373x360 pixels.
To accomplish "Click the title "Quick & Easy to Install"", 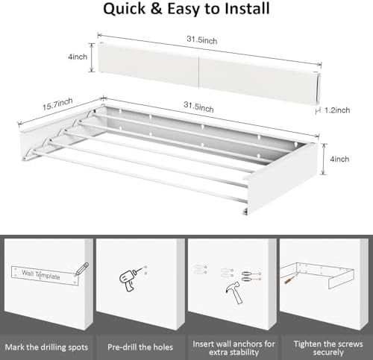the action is pyautogui.click(x=186, y=9).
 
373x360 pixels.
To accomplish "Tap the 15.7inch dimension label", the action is pyautogui.click(x=57, y=104).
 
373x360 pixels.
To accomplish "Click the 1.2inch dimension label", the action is pyautogui.click(x=337, y=110).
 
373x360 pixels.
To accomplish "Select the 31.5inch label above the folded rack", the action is pyautogui.click(x=202, y=40).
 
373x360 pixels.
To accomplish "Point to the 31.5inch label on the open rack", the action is pyautogui.click(x=198, y=107).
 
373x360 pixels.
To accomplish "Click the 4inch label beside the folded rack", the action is pyautogui.click(x=78, y=57).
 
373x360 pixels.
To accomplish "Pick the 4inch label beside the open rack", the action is pyautogui.click(x=339, y=159).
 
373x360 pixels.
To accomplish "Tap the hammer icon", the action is pyautogui.click(x=234, y=293).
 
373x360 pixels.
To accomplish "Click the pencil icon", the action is pyautogui.click(x=82, y=269).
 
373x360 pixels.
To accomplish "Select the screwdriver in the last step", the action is pyautogui.click(x=291, y=279).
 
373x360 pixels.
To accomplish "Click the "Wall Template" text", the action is pyautogui.click(x=41, y=274).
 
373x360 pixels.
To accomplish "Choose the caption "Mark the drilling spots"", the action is pyautogui.click(x=46, y=347).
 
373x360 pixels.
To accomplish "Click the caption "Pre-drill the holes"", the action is pyautogui.click(x=140, y=347).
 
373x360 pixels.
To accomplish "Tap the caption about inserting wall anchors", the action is pyautogui.click(x=233, y=348).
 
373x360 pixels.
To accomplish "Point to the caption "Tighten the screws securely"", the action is pyautogui.click(x=328, y=348).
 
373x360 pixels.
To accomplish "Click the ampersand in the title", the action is pyautogui.click(x=156, y=9).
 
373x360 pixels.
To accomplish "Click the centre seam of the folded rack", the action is pyautogui.click(x=199, y=72).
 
